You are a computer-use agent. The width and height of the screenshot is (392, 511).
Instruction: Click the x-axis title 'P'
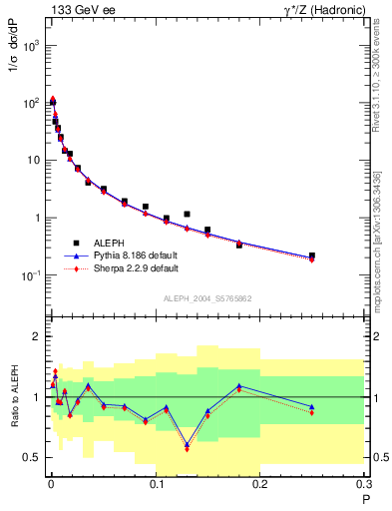pyautogui.click(x=365, y=498)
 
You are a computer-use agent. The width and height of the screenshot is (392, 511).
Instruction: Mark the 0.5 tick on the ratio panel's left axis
pyautogui.click(x=30, y=457)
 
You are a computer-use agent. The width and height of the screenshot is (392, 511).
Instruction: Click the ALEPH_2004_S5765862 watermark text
pyautogui.click(x=205, y=298)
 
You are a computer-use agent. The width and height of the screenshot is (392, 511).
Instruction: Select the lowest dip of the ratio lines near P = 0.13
pyautogui.click(x=187, y=447)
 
